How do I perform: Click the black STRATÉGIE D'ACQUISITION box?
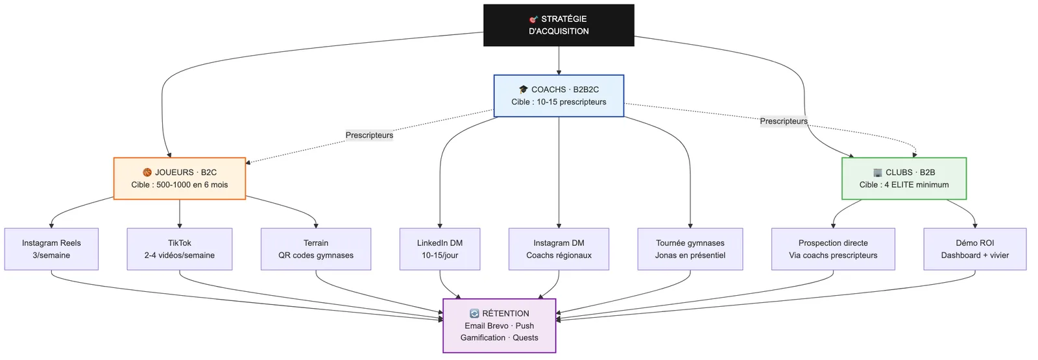(x=559, y=25)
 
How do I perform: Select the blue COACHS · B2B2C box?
(x=559, y=95)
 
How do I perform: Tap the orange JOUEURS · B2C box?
(x=179, y=178)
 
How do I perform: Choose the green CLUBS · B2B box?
(x=904, y=178)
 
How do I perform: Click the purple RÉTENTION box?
(x=499, y=325)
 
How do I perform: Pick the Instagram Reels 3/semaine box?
(x=51, y=249)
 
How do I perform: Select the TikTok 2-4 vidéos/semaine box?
(x=179, y=249)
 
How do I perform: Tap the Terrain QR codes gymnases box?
(x=315, y=249)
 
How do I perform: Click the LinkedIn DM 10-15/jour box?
(x=440, y=249)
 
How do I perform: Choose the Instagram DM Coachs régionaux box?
(x=559, y=249)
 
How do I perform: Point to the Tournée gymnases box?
(x=690, y=249)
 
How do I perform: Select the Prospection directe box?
(x=833, y=249)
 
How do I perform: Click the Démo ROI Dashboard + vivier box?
(x=974, y=249)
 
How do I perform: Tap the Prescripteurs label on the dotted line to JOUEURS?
(x=369, y=136)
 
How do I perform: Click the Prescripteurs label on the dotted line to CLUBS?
(x=784, y=121)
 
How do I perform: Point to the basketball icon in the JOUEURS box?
(x=147, y=173)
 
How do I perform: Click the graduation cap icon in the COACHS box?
(x=524, y=90)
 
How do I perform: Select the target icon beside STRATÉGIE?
(x=533, y=19)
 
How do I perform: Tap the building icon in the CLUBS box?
(x=878, y=173)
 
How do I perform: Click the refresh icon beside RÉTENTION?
(x=474, y=314)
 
